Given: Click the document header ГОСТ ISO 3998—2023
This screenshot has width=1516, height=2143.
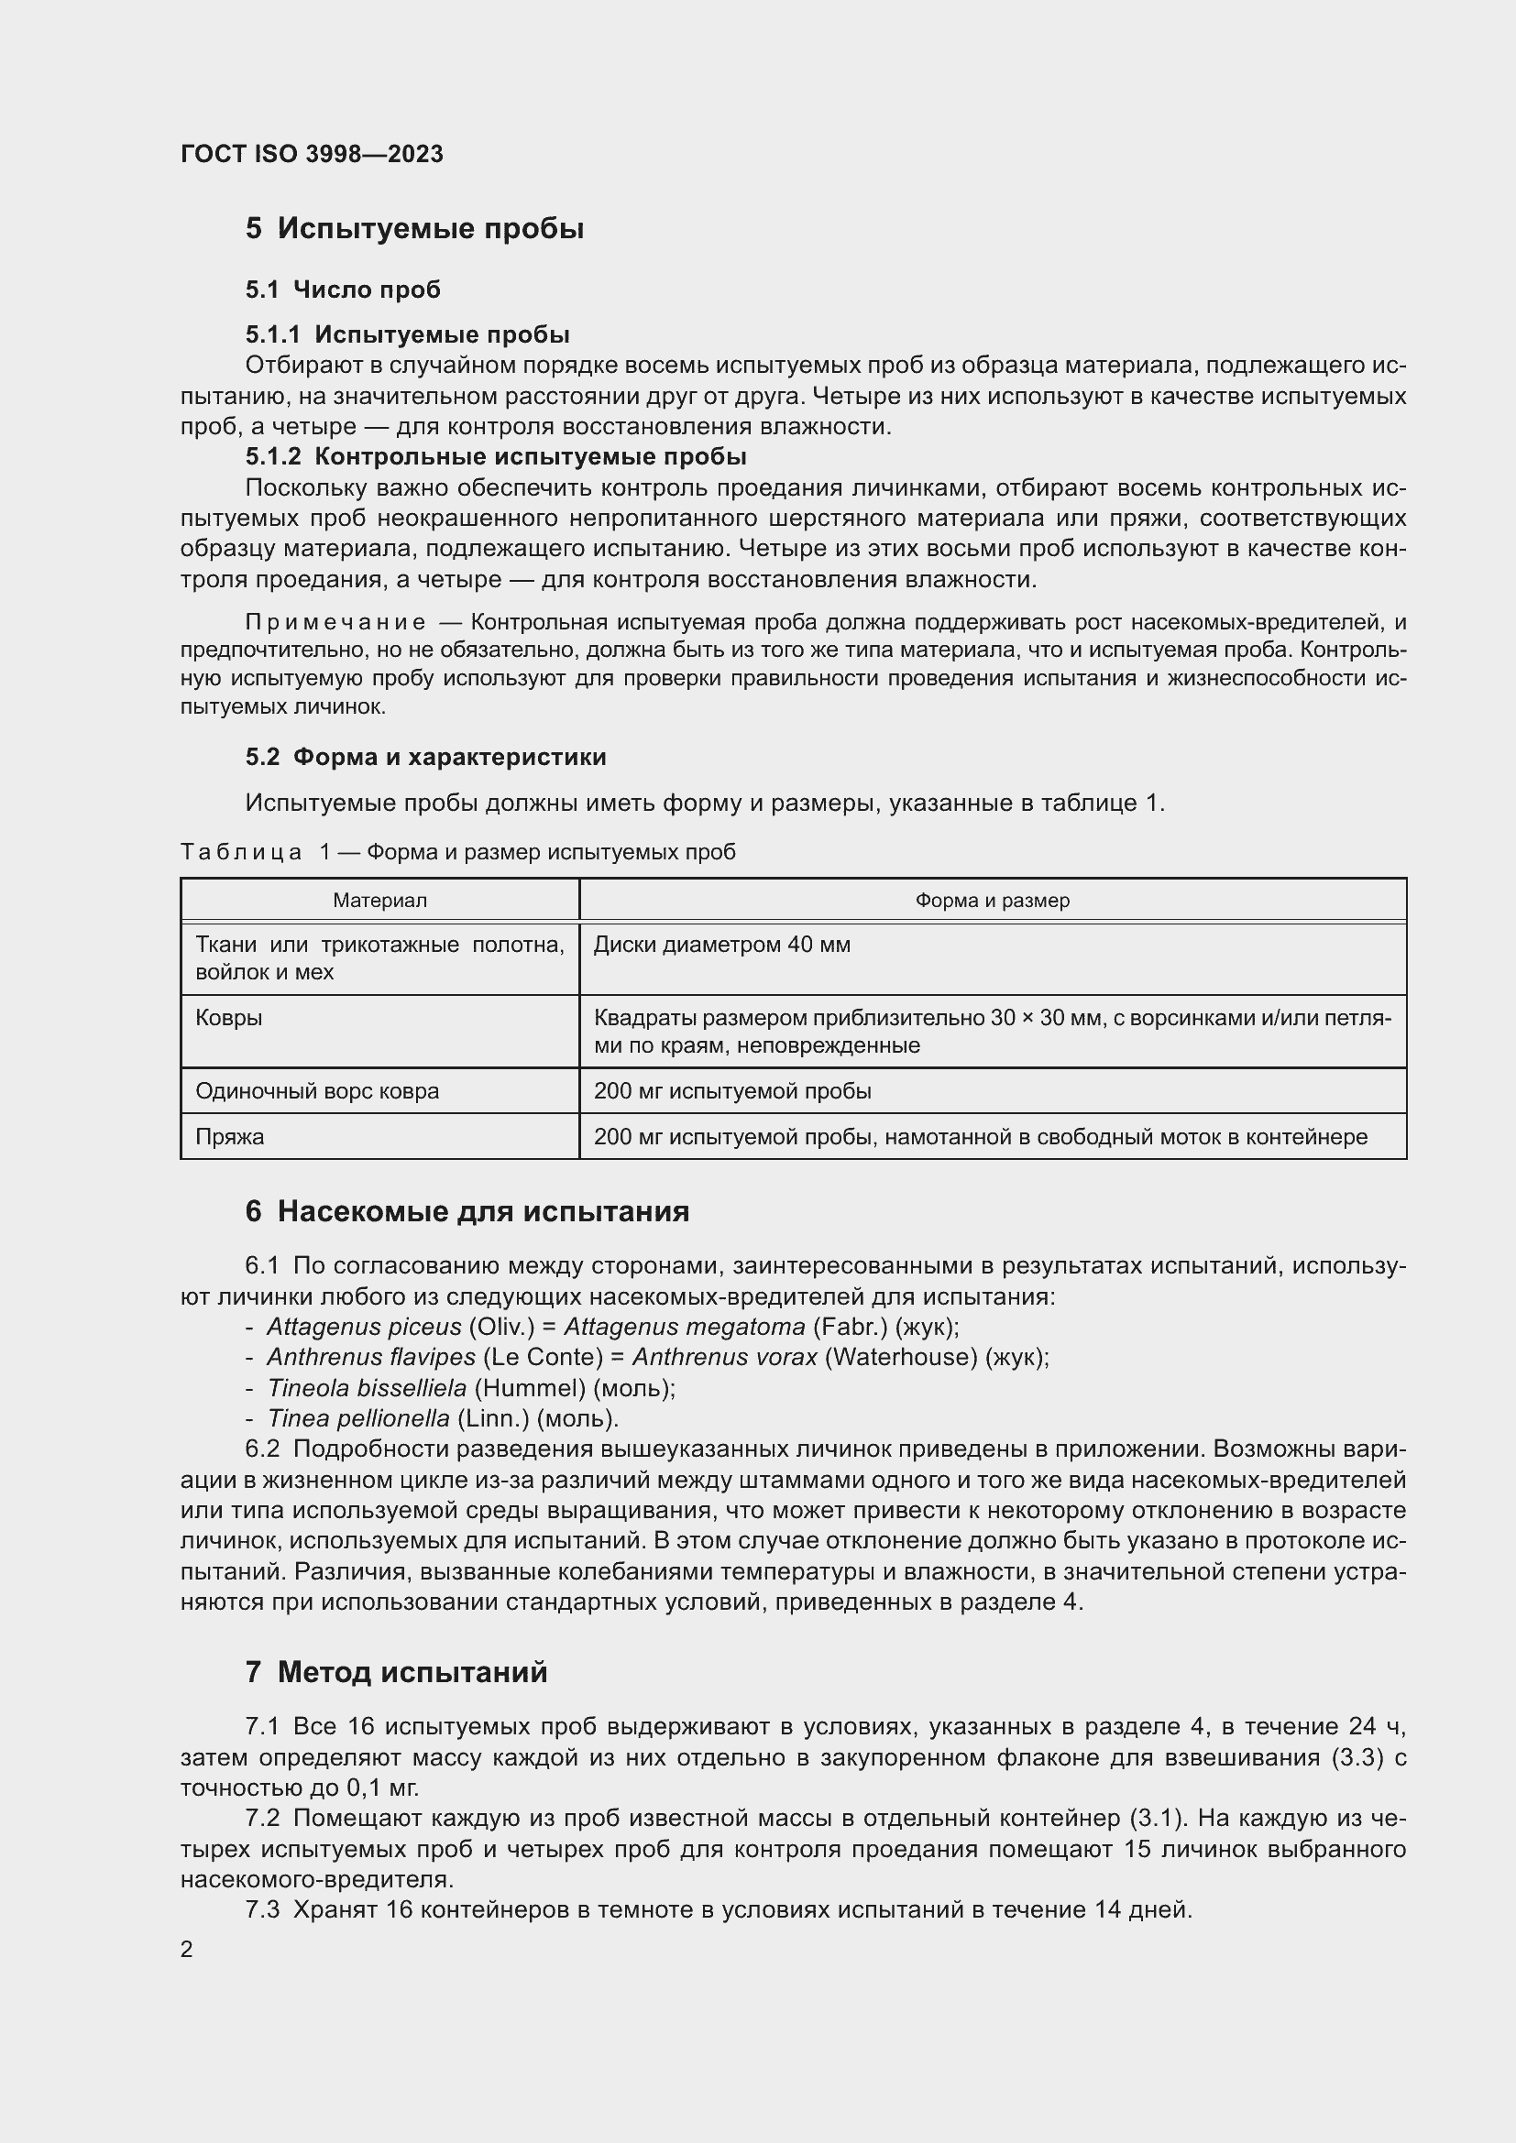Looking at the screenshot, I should tap(312, 154).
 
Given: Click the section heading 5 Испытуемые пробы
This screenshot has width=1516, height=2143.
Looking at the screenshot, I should tap(414, 229).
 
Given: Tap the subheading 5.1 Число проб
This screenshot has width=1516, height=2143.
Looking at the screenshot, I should tap(343, 290).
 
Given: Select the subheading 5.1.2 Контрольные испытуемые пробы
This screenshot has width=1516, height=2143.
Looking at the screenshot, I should tap(496, 456).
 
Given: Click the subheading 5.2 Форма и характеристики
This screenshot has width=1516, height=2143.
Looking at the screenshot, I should tap(425, 757).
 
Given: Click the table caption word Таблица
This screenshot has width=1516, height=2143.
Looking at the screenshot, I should tap(241, 852).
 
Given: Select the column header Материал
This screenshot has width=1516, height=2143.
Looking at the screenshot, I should tap(380, 901).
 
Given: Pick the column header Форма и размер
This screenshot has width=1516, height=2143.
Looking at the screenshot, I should tap(993, 901).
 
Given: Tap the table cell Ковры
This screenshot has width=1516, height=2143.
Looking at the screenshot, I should tap(229, 1017).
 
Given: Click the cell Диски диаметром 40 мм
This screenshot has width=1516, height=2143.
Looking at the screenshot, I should tap(721, 945).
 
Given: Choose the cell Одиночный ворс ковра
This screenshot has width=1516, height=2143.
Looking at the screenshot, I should tap(316, 1091).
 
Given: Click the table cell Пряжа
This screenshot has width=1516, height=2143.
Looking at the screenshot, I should tap(230, 1137).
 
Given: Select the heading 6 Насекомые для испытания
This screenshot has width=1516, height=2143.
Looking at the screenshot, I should tap(467, 1211).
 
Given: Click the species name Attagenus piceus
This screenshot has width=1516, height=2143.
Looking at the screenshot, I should tap(364, 1327).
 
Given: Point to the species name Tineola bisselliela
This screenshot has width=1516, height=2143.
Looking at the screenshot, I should tap(367, 1388).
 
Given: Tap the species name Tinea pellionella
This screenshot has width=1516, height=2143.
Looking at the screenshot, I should tap(358, 1418).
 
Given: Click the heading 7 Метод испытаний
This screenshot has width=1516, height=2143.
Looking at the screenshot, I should tap(396, 1672).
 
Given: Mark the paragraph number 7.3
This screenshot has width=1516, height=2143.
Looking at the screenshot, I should tap(262, 1909).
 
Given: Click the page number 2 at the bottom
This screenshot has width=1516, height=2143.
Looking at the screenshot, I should tap(187, 1949).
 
